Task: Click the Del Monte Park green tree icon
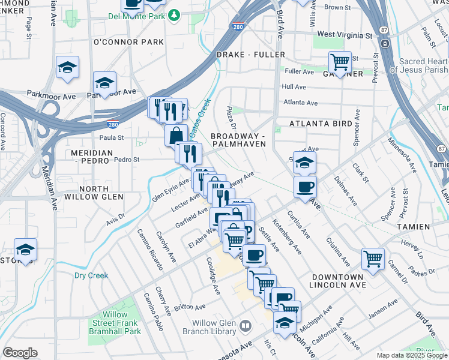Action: coord(174,14)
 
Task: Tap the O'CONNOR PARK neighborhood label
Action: coord(128,43)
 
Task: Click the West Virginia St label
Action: coord(345,35)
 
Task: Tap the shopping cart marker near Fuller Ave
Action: coord(340,62)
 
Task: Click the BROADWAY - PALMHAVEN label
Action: coord(238,140)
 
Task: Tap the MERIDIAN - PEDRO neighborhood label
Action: coord(91,157)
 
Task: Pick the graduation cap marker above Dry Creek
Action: coord(25,249)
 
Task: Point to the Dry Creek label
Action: coord(91,275)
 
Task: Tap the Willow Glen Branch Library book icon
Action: coord(245,326)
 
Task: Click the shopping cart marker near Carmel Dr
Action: coord(373,259)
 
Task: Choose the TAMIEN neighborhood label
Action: coord(413,227)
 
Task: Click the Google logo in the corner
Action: coord(20,352)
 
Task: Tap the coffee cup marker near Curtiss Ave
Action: coord(305,187)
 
